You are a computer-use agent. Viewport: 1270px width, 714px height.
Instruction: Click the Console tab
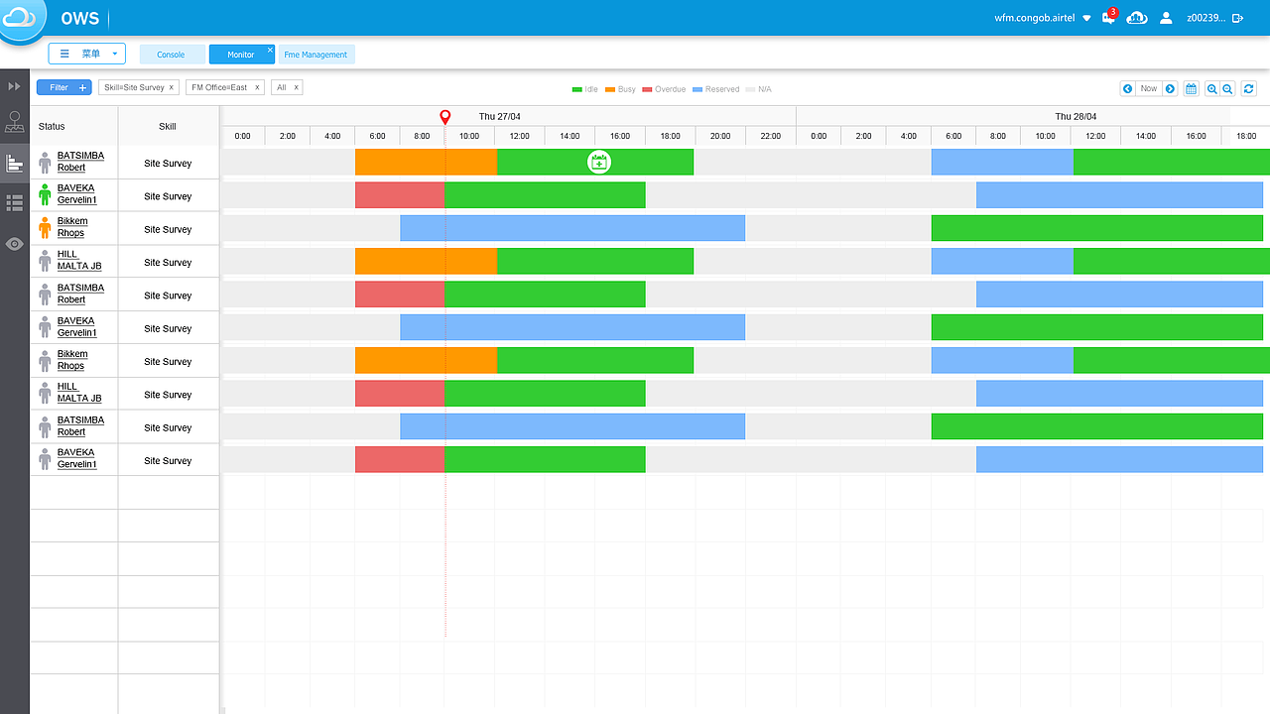point(171,55)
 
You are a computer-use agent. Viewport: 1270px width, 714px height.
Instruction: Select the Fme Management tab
point(316,55)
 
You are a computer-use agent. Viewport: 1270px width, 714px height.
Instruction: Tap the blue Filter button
point(63,87)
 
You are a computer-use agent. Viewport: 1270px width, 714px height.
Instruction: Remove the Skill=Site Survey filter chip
point(172,87)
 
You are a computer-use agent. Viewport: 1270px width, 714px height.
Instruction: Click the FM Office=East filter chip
point(220,87)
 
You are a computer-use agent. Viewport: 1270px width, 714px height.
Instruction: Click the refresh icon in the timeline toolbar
point(1248,88)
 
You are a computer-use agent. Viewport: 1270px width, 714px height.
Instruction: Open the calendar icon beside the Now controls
point(1191,88)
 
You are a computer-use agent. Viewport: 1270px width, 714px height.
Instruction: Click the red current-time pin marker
point(444,117)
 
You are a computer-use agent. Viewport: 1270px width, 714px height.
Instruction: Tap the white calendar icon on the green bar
point(598,162)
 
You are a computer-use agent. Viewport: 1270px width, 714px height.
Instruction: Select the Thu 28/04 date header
point(1077,116)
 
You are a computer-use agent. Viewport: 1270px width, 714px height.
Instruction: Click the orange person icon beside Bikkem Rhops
point(45,228)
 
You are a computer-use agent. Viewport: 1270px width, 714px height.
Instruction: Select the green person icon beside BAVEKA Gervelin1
point(45,194)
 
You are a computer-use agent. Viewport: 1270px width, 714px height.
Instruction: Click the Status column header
point(52,127)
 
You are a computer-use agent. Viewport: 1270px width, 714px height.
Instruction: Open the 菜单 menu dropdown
point(87,54)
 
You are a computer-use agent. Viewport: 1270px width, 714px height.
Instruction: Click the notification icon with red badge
point(1108,18)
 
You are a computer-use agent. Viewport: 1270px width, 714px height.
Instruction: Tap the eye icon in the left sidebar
point(15,243)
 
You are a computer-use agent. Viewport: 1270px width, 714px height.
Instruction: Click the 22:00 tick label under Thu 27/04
point(770,136)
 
